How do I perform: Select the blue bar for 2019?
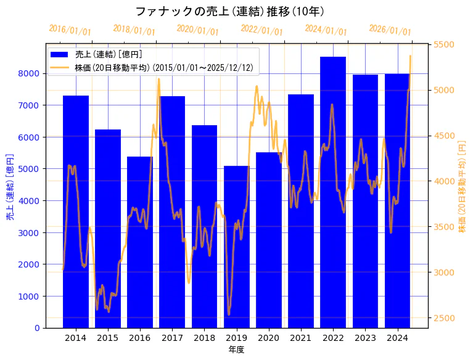(236, 247)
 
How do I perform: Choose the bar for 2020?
(268, 240)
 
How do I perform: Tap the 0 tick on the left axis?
(37, 328)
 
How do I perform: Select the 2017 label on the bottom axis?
(172, 338)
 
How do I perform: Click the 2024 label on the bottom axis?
(397, 338)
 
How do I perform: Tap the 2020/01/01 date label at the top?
(197, 30)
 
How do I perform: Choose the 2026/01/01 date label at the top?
(390, 30)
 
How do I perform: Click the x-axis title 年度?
(236, 350)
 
